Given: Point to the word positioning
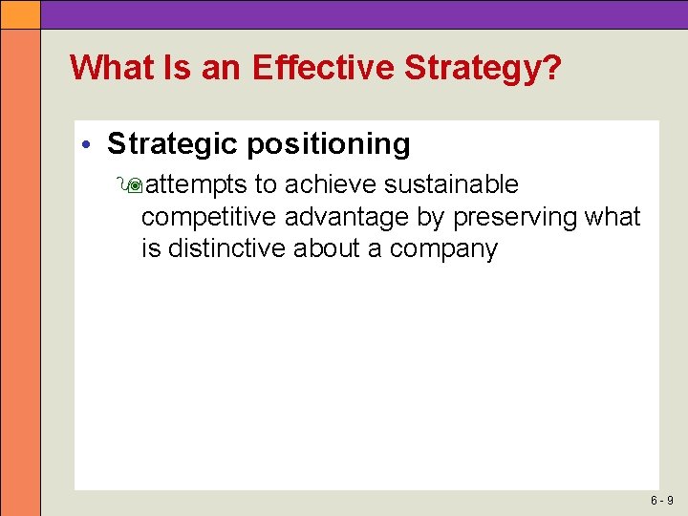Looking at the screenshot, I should [x=328, y=144].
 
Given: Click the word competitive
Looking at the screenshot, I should [x=209, y=217].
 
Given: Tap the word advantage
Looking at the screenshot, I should [x=347, y=217].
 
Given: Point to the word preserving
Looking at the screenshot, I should [x=514, y=217].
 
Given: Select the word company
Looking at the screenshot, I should [x=444, y=250].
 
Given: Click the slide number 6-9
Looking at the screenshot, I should [x=662, y=500].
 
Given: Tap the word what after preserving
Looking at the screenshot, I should [x=612, y=217].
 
